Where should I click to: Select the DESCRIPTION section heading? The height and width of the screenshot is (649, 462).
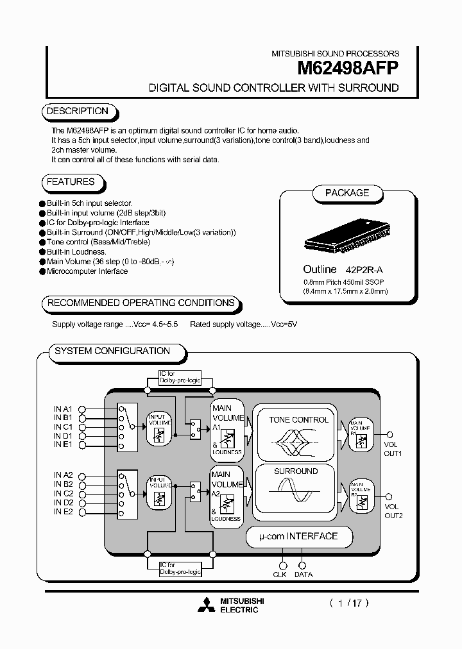77,111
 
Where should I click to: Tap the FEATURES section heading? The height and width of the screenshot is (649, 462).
71,182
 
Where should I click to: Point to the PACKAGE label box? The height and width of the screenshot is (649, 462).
347,193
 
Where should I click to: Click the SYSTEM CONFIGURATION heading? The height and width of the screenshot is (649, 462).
112,351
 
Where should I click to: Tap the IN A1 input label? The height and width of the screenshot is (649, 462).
64,409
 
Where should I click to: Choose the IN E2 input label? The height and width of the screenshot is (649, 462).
64,512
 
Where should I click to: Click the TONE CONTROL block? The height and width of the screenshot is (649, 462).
298,433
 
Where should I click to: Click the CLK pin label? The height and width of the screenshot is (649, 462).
280,575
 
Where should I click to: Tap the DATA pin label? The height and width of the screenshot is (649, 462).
304,575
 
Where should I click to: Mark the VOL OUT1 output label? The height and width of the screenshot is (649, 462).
392,448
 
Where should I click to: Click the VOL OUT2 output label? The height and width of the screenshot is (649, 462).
392,510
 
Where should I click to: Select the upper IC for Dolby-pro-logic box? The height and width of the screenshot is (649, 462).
180,377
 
